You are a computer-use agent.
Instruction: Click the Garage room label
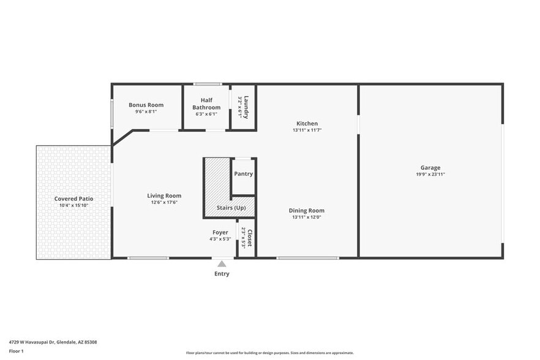pos(430,168)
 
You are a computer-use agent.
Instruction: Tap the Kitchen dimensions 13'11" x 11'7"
pos(307,130)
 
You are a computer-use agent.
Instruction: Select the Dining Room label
pos(306,211)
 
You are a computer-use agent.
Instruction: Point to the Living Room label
pos(164,196)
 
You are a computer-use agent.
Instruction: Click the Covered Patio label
pos(73,199)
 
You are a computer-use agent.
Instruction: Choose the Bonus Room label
pos(146,105)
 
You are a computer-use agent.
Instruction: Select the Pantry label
pos(243,174)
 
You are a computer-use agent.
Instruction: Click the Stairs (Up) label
pos(231,208)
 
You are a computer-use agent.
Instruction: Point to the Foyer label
pos(220,233)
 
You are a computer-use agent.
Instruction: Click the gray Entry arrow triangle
pos(222,264)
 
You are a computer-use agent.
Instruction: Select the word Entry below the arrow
pos(222,274)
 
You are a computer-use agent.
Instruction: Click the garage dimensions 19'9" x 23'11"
pos(430,174)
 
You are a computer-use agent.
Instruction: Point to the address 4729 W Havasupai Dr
pos(53,342)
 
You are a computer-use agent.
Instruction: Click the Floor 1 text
pos(16,351)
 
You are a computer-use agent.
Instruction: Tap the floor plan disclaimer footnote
pos(269,353)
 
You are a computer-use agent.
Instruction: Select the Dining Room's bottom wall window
pos(307,258)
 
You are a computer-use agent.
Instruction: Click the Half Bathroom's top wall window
pos(208,84)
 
